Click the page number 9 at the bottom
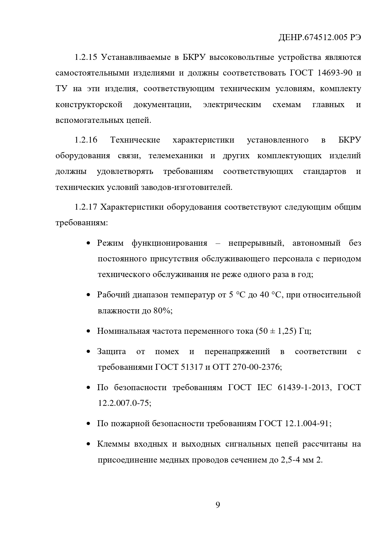[x=218, y=505]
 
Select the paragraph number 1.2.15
[x=86, y=57]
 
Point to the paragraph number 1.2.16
[x=86, y=140]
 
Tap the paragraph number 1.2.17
[x=86, y=207]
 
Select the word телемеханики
[x=176, y=156]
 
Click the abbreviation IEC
[x=264, y=387]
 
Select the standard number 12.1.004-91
[x=307, y=423]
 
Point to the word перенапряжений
[x=237, y=351]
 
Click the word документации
[x=162, y=104]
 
